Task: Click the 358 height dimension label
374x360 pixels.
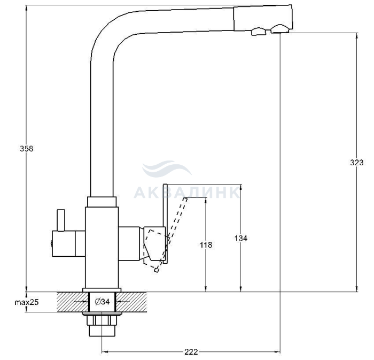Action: tap(27, 149)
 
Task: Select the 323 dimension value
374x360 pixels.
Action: tap(356, 163)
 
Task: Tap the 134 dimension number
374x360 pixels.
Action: tap(241, 238)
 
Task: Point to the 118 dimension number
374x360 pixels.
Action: tap(206, 245)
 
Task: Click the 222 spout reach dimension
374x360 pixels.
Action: tap(191, 352)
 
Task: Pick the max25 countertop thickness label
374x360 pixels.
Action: tap(27, 302)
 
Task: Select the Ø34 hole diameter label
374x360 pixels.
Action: tap(102, 302)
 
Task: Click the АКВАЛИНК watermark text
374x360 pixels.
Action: tap(186, 193)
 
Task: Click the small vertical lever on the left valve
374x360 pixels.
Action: tap(61, 220)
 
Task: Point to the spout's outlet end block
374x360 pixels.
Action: tap(262, 19)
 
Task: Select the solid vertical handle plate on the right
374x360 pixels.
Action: tap(166, 224)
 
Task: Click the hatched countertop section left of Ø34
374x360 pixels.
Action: tap(73, 302)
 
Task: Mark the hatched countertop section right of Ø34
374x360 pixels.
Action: tap(131, 302)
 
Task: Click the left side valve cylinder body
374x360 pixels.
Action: tap(69, 243)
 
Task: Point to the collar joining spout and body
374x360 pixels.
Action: tap(102, 202)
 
